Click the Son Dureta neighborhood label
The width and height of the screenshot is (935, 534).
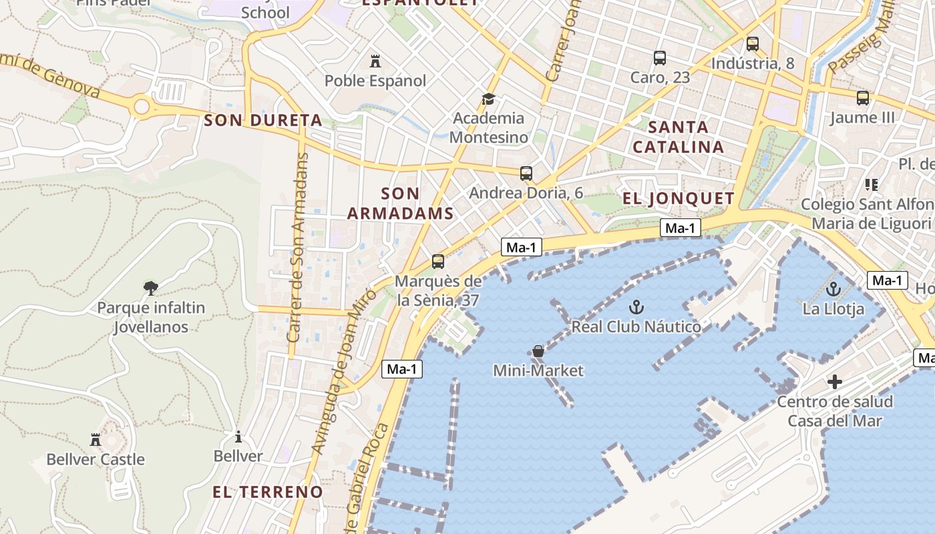tap(262, 121)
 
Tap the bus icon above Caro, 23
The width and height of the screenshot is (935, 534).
tap(660, 58)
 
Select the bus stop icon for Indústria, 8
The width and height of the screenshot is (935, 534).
tap(753, 44)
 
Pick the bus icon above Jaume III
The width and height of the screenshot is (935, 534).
tap(863, 98)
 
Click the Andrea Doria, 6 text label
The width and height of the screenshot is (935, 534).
tap(526, 193)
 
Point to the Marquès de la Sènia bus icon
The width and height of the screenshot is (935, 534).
tap(438, 262)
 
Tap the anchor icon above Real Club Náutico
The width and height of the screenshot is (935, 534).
tap(636, 307)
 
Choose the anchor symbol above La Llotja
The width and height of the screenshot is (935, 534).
tap(833, 289)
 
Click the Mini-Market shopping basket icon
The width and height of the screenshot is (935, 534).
tap(538, 351)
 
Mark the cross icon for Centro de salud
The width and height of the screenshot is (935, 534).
tap(835, 382)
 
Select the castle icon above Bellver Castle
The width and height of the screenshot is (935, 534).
tap(96, 439)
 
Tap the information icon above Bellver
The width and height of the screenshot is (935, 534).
tap(238, 437)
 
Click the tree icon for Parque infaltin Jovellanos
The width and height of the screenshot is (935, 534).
tap(151, 288)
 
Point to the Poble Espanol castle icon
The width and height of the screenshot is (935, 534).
tap(375, 61)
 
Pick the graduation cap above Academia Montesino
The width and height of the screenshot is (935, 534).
tap(489, 99)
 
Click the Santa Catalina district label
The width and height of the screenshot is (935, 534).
tap(678, 137)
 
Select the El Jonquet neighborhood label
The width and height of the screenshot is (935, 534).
tap(678, 198)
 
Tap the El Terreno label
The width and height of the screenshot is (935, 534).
tap(267, 492)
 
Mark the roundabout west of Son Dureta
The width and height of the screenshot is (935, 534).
tap(142, 106)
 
